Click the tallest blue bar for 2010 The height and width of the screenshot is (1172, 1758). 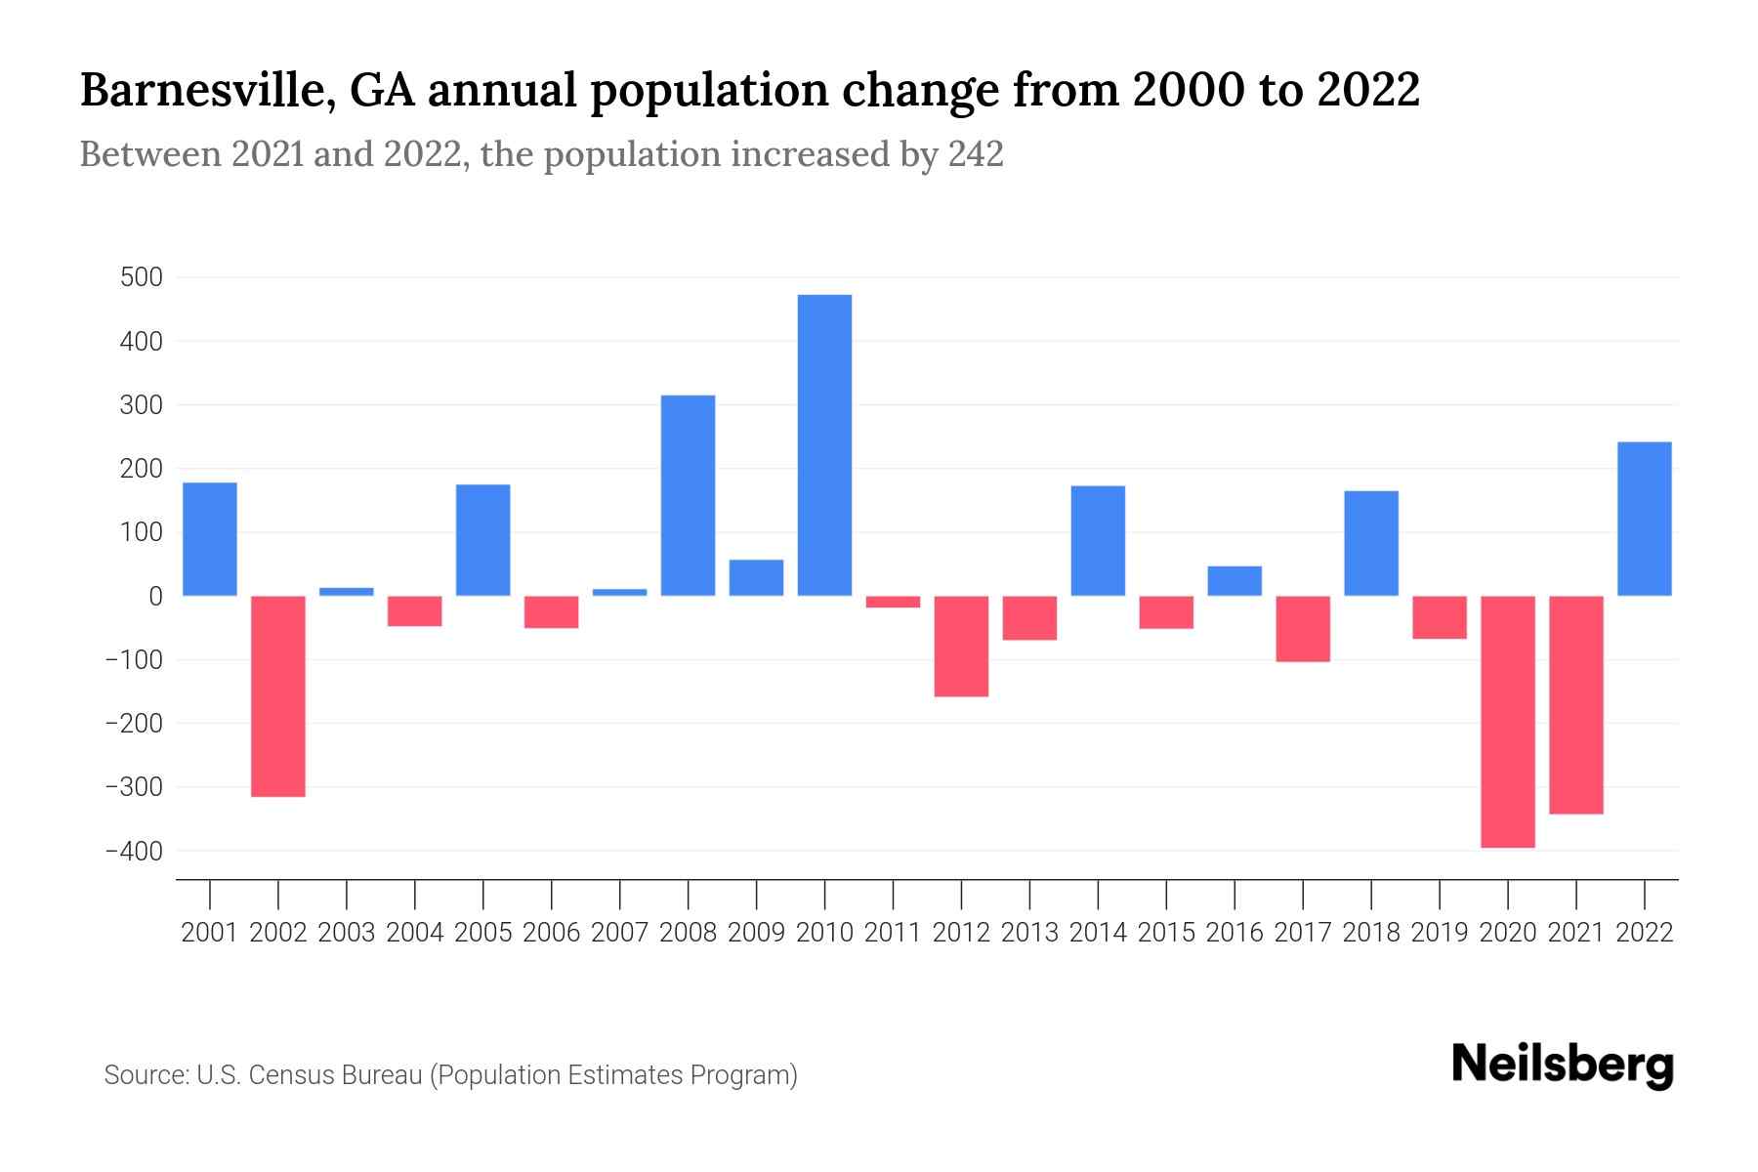point(824,444)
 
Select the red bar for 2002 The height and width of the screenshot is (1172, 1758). point(278,695)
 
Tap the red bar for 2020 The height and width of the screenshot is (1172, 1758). point(1508,721)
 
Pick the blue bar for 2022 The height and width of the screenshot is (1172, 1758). point(1645,519)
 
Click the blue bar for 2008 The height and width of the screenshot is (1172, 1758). point(688,495)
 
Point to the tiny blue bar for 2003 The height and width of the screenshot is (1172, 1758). point(347,591)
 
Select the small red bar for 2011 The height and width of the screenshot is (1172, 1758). point(893,602)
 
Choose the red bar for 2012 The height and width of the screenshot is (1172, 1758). point(961,646)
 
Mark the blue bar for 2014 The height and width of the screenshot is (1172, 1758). point(1098,540)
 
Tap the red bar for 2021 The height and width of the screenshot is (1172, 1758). point(1576,704)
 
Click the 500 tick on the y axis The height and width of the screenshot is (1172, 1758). point(141,277)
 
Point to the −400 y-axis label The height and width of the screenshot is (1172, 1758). point(135,851)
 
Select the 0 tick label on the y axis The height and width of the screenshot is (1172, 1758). point(156,596)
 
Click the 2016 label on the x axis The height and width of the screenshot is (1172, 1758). point(1235,933)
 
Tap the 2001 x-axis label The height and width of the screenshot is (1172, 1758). point(210,933)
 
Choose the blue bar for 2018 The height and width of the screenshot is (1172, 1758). point(1371,543)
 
